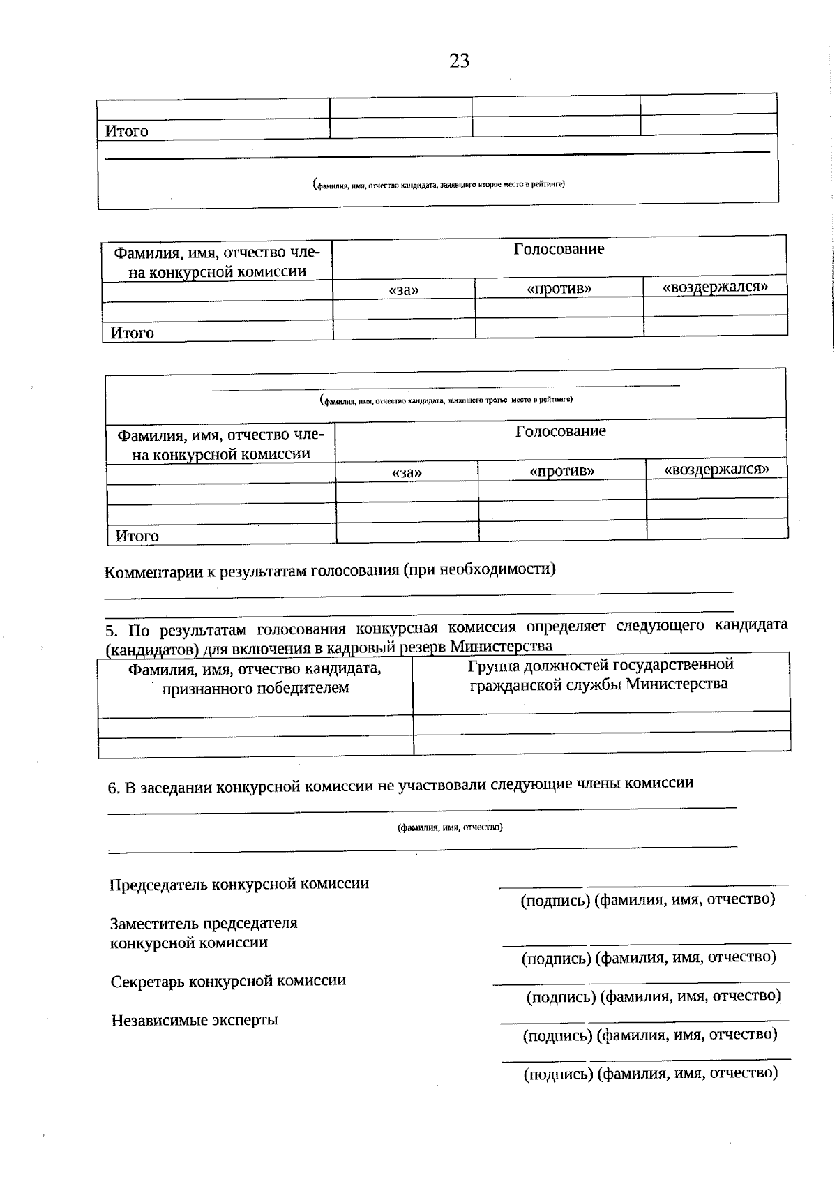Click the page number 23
(459, 61)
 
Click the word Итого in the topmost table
(126, 131)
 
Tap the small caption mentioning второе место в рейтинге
(439, 185)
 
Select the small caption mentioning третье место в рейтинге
(446, 400)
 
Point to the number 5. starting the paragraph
(112, 631)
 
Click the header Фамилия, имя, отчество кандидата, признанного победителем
(255, 678)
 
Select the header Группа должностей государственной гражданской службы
(600, 674)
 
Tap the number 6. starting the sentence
(114, 788)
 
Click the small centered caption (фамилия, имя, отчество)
(450, 827)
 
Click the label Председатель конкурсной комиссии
(239, 884)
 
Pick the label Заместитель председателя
(204, 923)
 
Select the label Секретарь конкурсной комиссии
(228, 981)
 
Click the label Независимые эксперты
(195, 1020)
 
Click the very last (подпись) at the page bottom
(558, 1074)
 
